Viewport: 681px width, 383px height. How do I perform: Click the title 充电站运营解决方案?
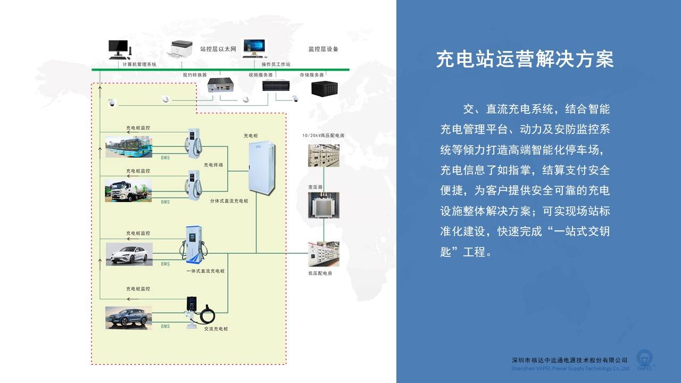tap(525, 59)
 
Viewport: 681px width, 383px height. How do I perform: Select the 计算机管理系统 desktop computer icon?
tap(119, 49)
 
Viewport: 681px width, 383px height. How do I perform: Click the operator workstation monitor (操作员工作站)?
tap(254, 48)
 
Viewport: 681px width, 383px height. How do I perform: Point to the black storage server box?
tap(325, 88)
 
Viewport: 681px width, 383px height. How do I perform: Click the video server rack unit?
tap(276, 86)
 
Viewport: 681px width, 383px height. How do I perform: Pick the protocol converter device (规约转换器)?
tap(221, 85)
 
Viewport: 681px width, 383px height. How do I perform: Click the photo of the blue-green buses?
tap(129, 147)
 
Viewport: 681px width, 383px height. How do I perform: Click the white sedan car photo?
tap(129, 254)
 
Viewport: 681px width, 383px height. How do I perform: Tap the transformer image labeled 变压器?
tap(323, 205)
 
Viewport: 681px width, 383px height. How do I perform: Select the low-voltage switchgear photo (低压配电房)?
tap(323, 254)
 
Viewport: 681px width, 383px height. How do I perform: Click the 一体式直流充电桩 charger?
tap(194, 245)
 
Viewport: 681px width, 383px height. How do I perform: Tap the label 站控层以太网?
tap(218, 49)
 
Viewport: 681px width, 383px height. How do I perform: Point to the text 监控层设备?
tap(323, 49)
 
